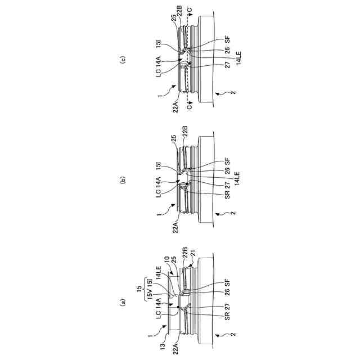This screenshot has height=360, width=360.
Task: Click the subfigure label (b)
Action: (123, 180)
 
